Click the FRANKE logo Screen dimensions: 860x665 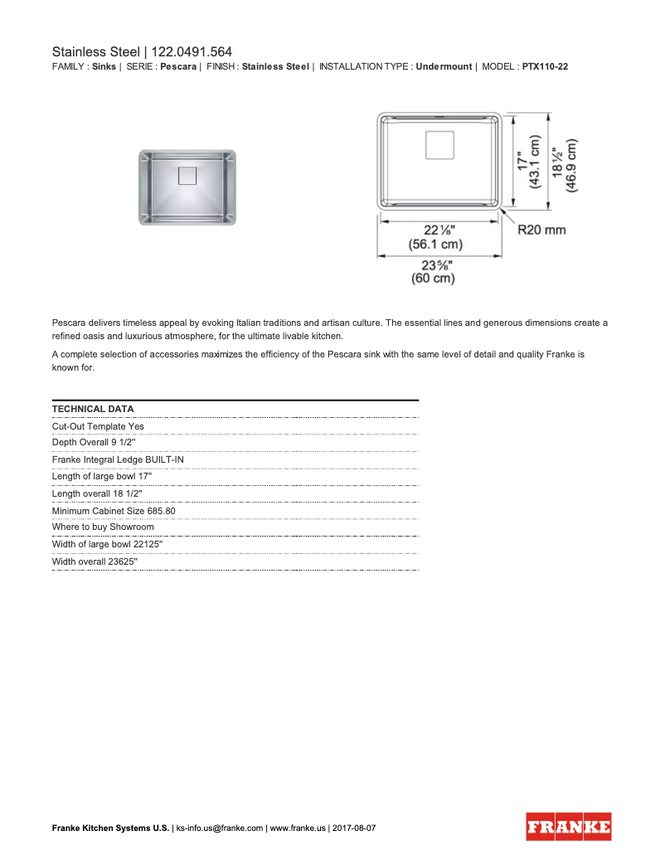(x=569, y=827)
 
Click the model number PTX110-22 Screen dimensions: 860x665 (x=545, y=66)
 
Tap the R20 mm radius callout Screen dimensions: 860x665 (x=541, y=230)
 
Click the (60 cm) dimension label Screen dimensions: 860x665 (x=434, y=279)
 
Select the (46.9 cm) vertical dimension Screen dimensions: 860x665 (x=572, y=165)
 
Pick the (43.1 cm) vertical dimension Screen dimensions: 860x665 (x=536, y=165)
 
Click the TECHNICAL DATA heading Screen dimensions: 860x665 (x=93, y=409)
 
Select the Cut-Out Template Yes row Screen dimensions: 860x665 (x=98, y=426)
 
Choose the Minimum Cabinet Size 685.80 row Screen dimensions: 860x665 (x=114, y=511)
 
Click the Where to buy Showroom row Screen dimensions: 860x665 (x=103, y=527)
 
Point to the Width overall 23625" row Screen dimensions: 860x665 (x=95, y=561)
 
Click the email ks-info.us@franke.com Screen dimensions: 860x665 (x=220, y=828)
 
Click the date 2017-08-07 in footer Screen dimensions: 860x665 (x=354, y=828)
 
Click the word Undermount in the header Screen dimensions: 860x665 (x=444, y=66)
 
